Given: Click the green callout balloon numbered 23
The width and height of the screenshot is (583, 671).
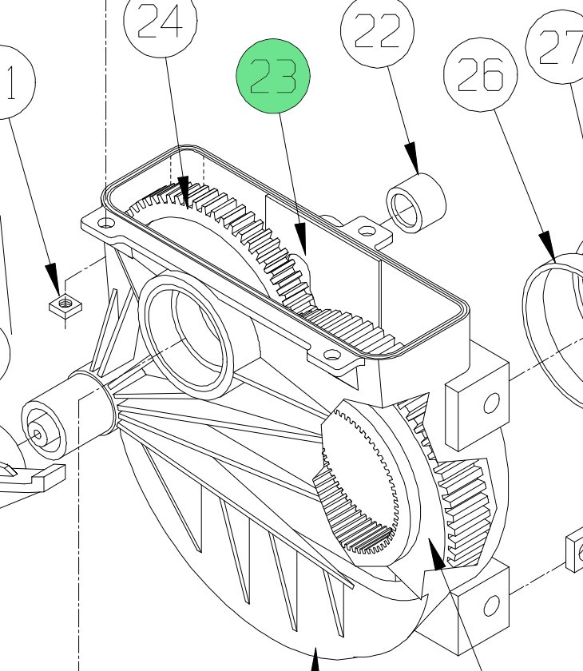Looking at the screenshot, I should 273,78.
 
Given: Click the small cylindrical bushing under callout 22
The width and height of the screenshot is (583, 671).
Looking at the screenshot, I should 416,204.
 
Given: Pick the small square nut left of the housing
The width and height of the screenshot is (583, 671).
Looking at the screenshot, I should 61,304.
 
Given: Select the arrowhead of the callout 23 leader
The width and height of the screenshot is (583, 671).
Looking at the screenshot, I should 300,240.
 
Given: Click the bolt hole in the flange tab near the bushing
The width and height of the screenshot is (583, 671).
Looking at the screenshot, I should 367,232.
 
